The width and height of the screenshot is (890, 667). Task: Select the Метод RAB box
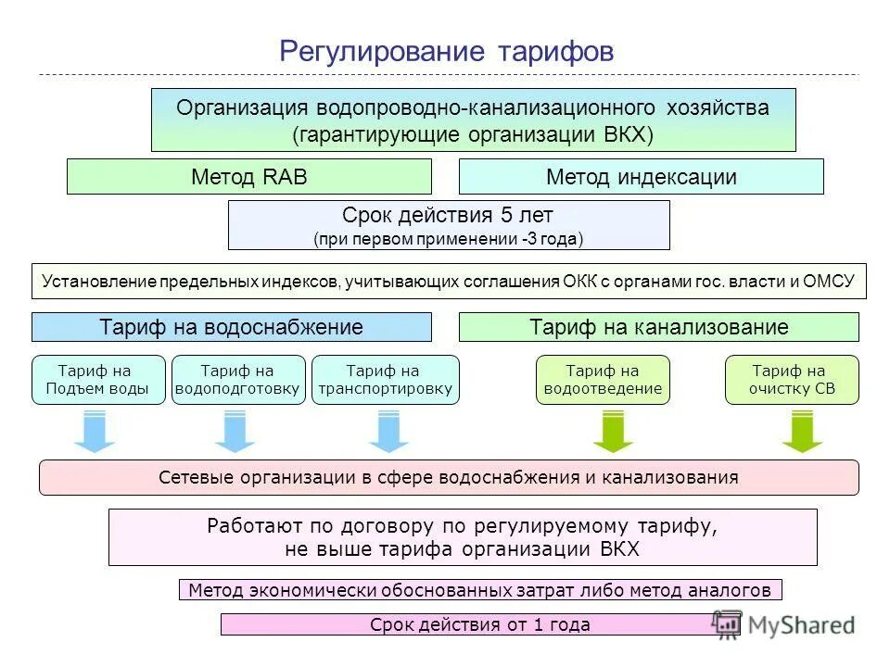[x=248, y=177]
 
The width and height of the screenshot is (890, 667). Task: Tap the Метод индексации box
[x=641, y=177]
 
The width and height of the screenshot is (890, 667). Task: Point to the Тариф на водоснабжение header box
[x=232, y=327]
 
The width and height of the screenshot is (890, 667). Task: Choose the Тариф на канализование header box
[x=658, y=327]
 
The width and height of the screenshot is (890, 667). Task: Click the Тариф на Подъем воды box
[x=98, y=380]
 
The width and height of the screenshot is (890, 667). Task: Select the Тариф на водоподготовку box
[x=238, y=380]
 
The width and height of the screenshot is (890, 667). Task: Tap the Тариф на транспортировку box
[x=385, y=380]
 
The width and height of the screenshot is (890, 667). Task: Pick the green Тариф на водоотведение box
[x=603, y=380]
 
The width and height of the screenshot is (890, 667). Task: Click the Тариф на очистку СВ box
[x=792, y=380]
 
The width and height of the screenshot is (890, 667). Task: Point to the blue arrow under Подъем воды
[x=95, y=432]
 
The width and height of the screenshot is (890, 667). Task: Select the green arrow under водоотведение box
[x=613, y=432]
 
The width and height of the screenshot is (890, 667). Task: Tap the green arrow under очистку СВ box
[x=802, y=432]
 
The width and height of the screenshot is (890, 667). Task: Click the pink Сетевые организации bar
[x=449, y=478]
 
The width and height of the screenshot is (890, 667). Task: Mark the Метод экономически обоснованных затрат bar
[x=479, y=590]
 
